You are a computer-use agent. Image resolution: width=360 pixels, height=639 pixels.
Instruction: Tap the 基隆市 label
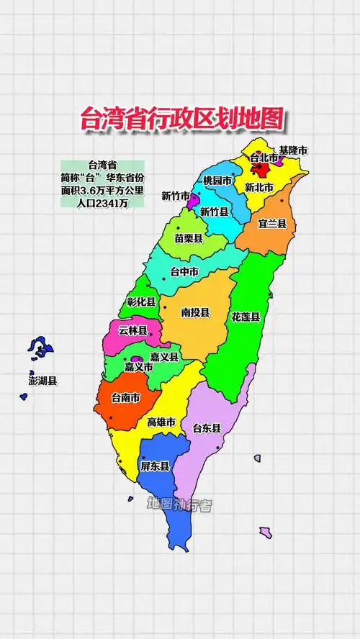pyautogui.click(x=293, y=150)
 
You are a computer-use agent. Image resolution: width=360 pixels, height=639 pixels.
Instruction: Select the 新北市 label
pyautogui.click(x=259, y=187)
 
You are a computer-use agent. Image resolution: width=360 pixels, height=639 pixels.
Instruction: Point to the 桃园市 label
pyautogui.click(x=218, y=180)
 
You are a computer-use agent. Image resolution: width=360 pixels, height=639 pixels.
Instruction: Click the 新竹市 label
pyautogui.click(x=176, y=196)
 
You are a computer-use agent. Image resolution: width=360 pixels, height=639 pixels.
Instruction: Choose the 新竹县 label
pyautogui.click(x=215, y=212)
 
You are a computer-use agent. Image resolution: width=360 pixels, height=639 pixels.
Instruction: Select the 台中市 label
pyautogui.click(x=184, y=272)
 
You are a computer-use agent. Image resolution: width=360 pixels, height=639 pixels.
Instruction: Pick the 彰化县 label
pyautogui.click(x=141, y=302)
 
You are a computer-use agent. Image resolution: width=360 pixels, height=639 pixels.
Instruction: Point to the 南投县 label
pyautogui.click(x=195, y=312)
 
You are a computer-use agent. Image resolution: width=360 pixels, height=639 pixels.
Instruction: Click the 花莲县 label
pyautogui.click(x=246, y=316)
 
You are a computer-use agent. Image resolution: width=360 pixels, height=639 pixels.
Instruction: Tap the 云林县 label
pyautogui.click(x=132, y=331)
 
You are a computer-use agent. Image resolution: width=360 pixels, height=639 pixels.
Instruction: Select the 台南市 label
pyautogui.click(x=125, y=396)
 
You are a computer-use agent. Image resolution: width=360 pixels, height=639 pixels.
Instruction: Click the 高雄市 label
pyautogui.click(x=161, y=422)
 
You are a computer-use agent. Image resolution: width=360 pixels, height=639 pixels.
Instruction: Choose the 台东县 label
pyautogui.click(x=207, y=428)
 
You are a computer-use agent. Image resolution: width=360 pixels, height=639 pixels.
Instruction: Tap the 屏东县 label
pyautogui.click(x=155, y=466)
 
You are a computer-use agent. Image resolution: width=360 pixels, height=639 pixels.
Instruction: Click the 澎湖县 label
pyautogui.click(x=42, y=381)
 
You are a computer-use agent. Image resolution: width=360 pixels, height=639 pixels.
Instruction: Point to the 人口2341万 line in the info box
pyautogui.click(x=102, y=202)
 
